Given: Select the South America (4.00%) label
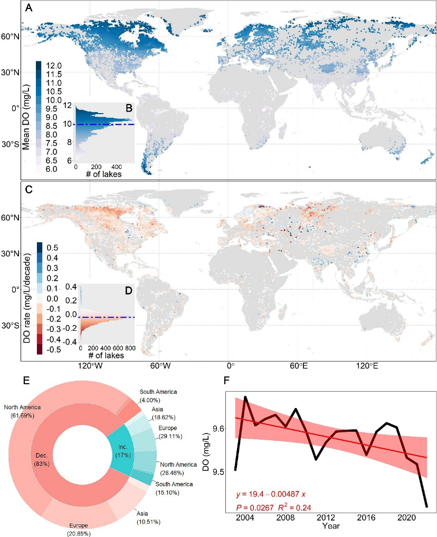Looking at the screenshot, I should (x=158, y=395).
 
